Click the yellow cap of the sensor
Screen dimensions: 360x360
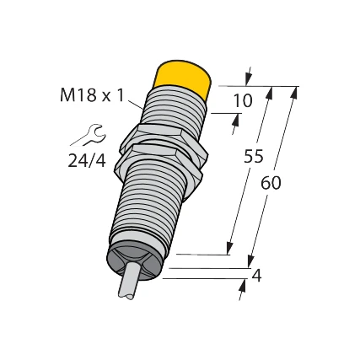pyautogui.click(x=183, y=81)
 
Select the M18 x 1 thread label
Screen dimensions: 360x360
pyautogui.click(x=90, y=95)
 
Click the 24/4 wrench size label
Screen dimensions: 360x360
pyautogui.click(x=87, y=160)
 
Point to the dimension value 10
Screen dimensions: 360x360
pyautogui.click(x=242, y=101)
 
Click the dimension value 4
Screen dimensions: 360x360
pyautogui.click(x=256, y=274)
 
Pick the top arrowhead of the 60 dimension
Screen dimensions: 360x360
pyautogui.click(x=293, y=91)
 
